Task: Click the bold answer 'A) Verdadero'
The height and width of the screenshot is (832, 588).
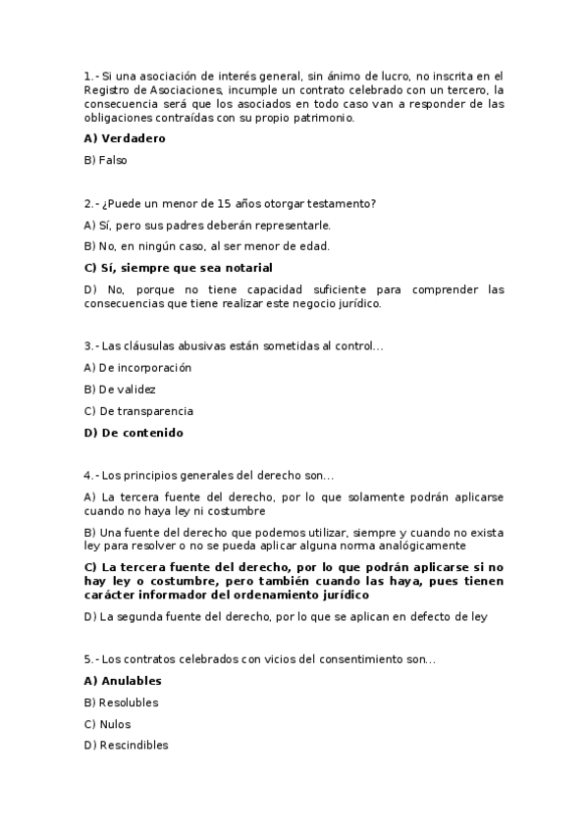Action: pos(125,138)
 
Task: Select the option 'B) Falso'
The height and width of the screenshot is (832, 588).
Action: pos(106,160)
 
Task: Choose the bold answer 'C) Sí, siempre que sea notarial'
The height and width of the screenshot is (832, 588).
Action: pos(178,268)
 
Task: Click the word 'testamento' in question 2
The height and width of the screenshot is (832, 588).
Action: pos(343,203)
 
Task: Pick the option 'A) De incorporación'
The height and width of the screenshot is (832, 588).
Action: pos(137,368)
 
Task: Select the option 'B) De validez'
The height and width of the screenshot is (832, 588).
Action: pos(120,390)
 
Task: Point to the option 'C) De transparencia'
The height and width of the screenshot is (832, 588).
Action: pos(138,411)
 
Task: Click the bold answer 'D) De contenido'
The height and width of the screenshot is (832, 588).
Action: pos(134,433)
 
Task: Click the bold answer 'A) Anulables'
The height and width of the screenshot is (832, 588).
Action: pos(123,681)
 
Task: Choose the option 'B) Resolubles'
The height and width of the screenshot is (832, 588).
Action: pos(121,702)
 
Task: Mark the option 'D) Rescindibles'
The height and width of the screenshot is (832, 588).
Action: pos(126,746)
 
